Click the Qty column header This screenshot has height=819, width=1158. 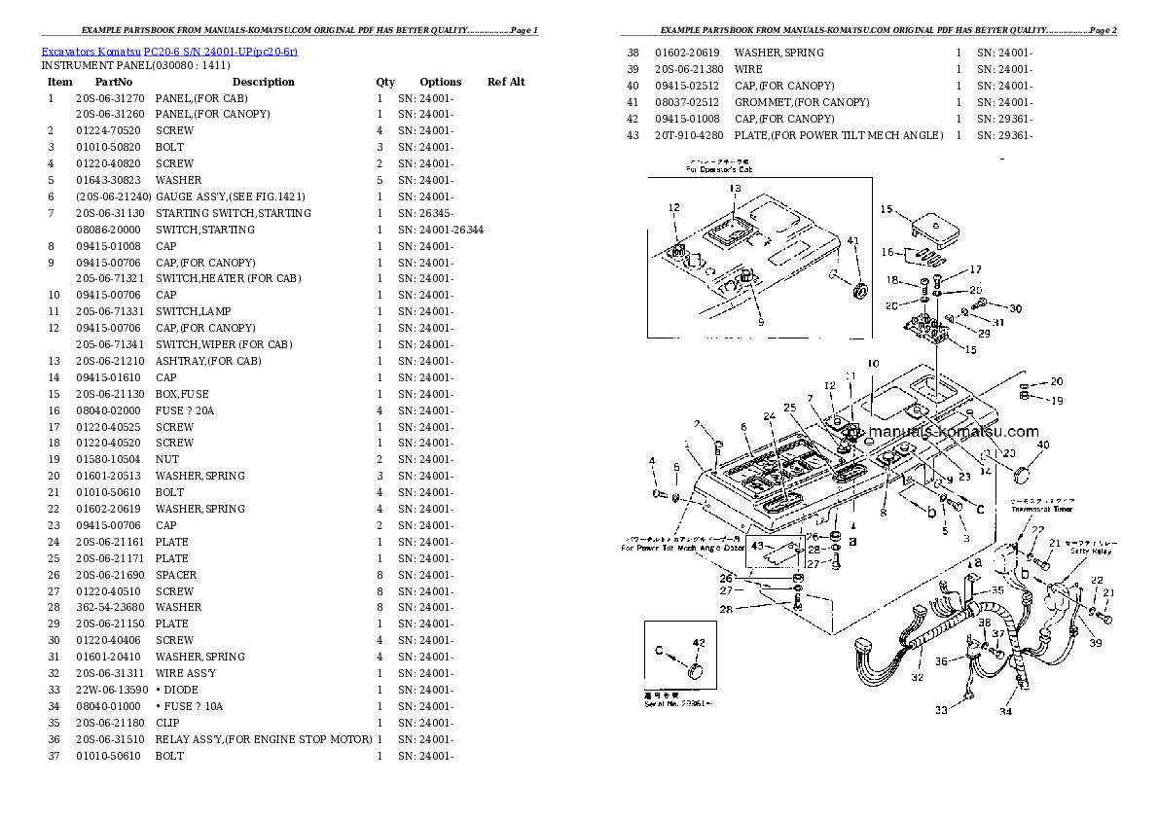(x=385, y=82)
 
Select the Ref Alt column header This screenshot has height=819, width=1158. (x=506, y=82)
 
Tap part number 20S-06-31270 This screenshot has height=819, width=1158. (x=110, y=98)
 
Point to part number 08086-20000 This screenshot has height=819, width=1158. (x=110, y=230)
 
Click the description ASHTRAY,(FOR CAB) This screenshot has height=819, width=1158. (x=208, y=361)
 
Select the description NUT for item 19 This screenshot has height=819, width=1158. (x=166, y=459)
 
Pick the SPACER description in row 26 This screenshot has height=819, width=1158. (x=176, y=575)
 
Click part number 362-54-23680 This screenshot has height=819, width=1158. (x=110, y=607)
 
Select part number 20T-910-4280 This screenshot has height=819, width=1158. (x=689, y=135)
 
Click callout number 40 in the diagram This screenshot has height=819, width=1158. (x=1042, y=445)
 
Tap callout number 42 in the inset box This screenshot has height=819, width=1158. (x=697, y=641)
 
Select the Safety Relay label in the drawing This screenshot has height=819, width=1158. (x=1094, y=551)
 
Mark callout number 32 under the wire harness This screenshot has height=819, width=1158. (x=917, y=677)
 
